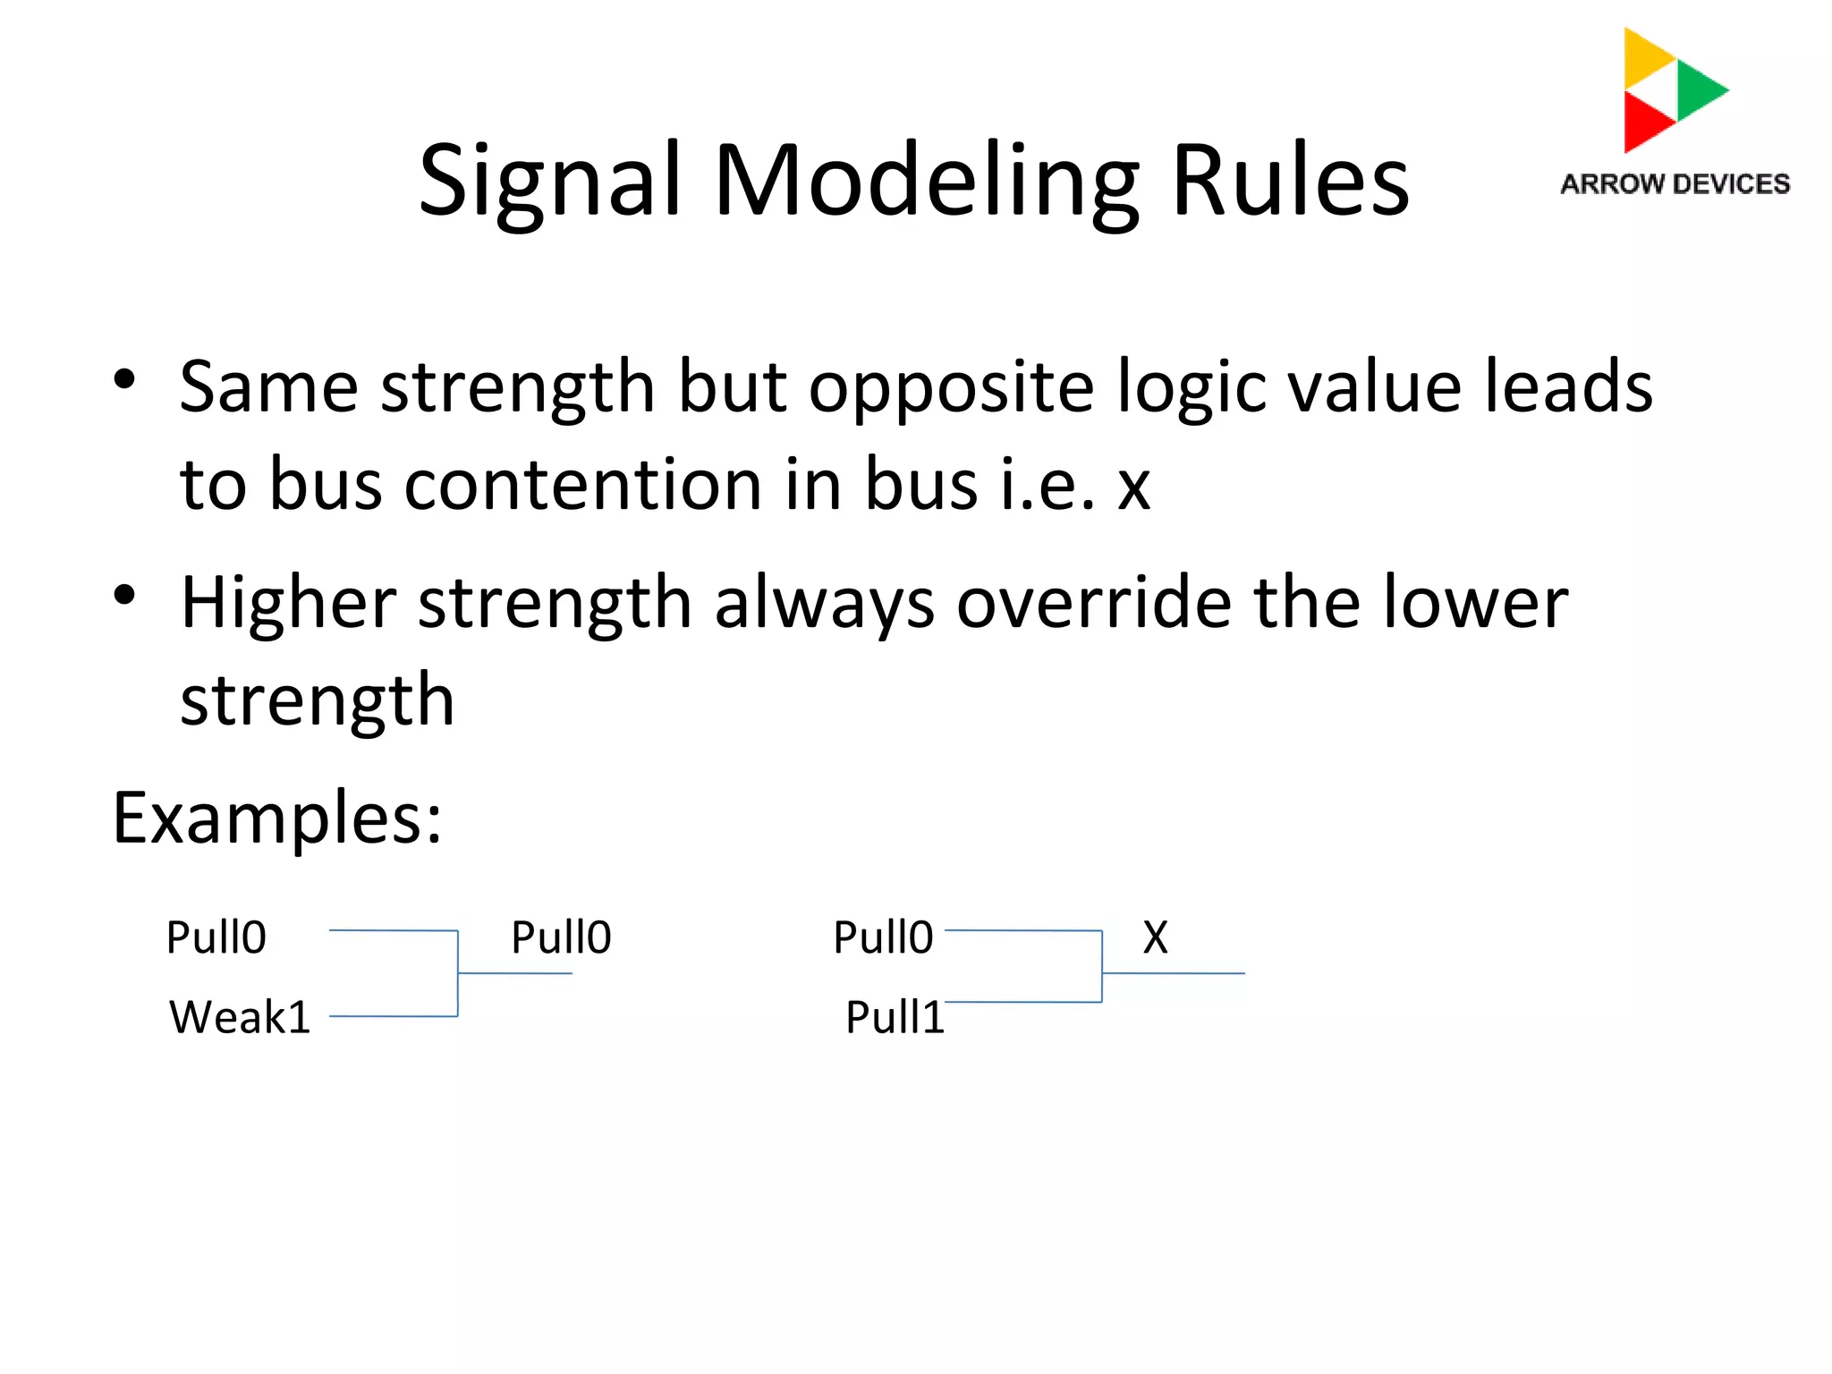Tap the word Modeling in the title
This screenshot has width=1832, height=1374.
(927, 182)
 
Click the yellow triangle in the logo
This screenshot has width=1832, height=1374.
(1644, 55)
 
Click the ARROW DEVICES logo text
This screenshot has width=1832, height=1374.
(1675, 184)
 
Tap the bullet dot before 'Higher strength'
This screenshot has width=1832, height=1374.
(124, 595)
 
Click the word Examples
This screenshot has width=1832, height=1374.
(277, 818)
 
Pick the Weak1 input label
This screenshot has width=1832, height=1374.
(240, 1017)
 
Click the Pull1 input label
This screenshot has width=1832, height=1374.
(895, 1017)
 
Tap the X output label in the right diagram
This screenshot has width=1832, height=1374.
(1155, 937)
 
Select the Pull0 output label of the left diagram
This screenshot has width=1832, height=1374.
(561, 937)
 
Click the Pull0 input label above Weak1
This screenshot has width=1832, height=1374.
(216, 937)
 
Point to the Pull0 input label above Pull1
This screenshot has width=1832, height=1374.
(883, 937)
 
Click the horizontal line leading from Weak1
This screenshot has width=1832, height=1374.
(394, 1016)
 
